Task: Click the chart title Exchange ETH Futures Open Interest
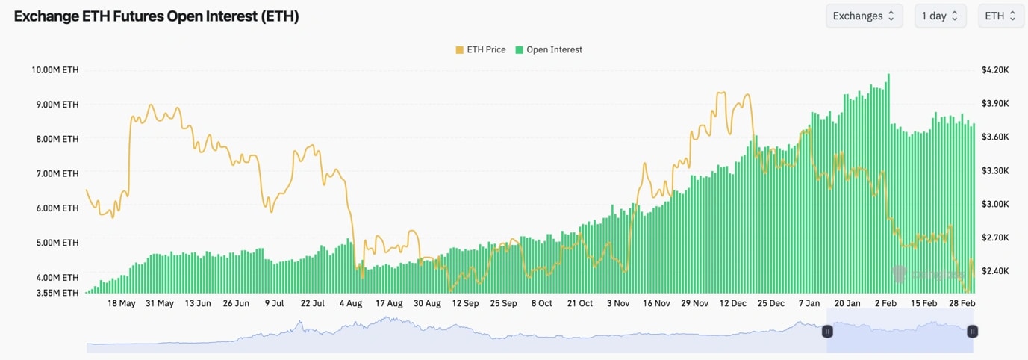(156, 16)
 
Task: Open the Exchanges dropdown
(864, 16)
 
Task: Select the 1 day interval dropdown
(940, 16)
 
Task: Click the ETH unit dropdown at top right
(1000, 16)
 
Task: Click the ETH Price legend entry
(481, 49)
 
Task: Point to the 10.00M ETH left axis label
(54, 70)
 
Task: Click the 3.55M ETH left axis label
(55, 293)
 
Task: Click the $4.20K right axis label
(995, 70)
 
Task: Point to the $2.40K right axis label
(995, 271)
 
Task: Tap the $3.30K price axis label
(995, 170)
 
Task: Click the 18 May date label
(122, 304)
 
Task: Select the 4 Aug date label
(350, 304)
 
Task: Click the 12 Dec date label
(732, 304)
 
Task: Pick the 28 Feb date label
(962, 304)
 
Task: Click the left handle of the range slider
(827, 331)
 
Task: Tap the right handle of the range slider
(972, 331)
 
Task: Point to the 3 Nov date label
(618, 304)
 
